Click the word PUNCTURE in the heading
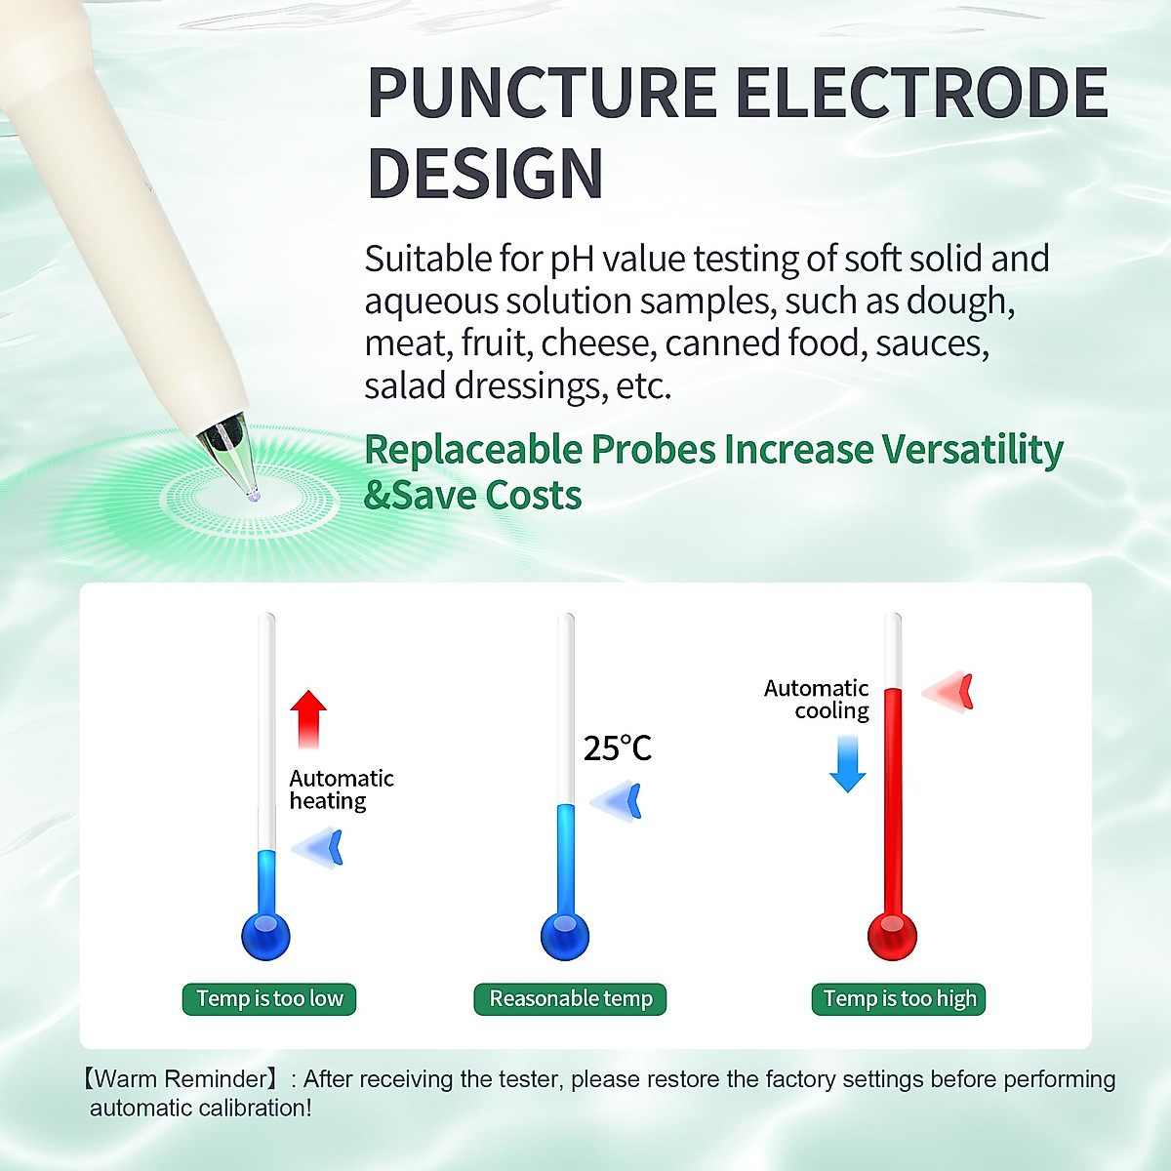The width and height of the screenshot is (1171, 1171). [542, 94]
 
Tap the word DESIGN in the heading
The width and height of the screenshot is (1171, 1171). [485, 174]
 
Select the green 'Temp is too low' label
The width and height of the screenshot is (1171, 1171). [269, 999]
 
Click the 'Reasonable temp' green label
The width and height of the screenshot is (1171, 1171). [571, 999]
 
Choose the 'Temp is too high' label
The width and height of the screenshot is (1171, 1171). [899, 999]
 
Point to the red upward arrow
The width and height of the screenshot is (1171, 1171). [309, 717]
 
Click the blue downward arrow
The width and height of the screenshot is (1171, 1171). [848, 763]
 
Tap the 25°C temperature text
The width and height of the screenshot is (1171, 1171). [617, 748]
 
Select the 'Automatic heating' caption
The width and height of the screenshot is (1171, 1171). [341, 789]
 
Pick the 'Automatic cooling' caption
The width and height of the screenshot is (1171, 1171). [818, 700]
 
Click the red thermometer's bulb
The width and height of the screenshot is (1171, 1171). [892, 936]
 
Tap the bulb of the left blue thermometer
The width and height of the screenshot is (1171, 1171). [265, 936]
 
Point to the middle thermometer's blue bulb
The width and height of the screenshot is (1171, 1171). [565, 936]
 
